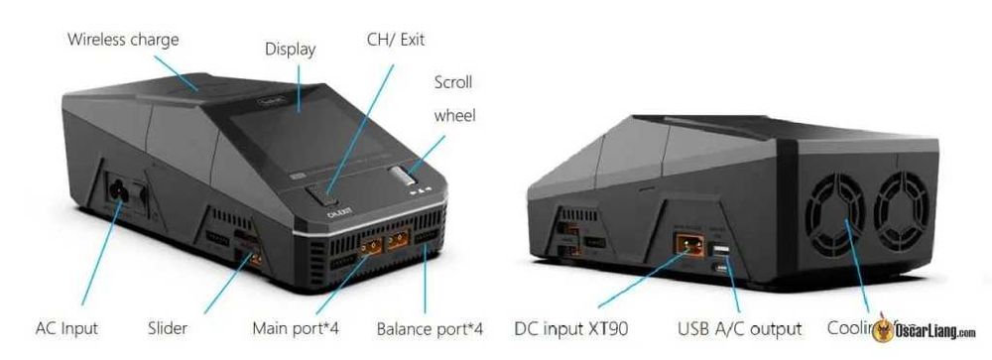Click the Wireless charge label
[x=123, y=41]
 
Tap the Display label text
[x=290, y=49]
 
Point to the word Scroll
[x=453, y=82]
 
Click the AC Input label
[x=66, y=328]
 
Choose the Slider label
[x=168, y=328]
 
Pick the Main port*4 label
[x=296, y=328]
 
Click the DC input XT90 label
[x=571, y=328]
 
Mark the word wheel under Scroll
[x=454, y=116]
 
